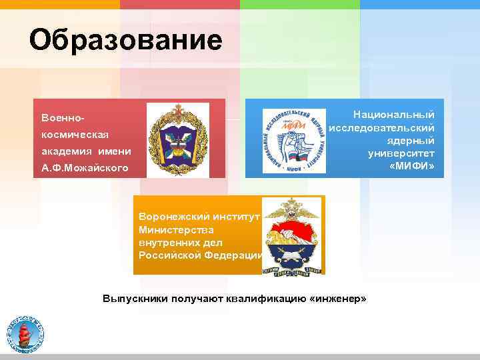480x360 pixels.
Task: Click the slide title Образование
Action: point(125,41)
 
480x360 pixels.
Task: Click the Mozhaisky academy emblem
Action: point(177,139)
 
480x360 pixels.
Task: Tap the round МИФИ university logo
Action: point(293,140)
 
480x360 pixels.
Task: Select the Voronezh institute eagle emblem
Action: point(291,235)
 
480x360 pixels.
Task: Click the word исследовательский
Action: point(382,127)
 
